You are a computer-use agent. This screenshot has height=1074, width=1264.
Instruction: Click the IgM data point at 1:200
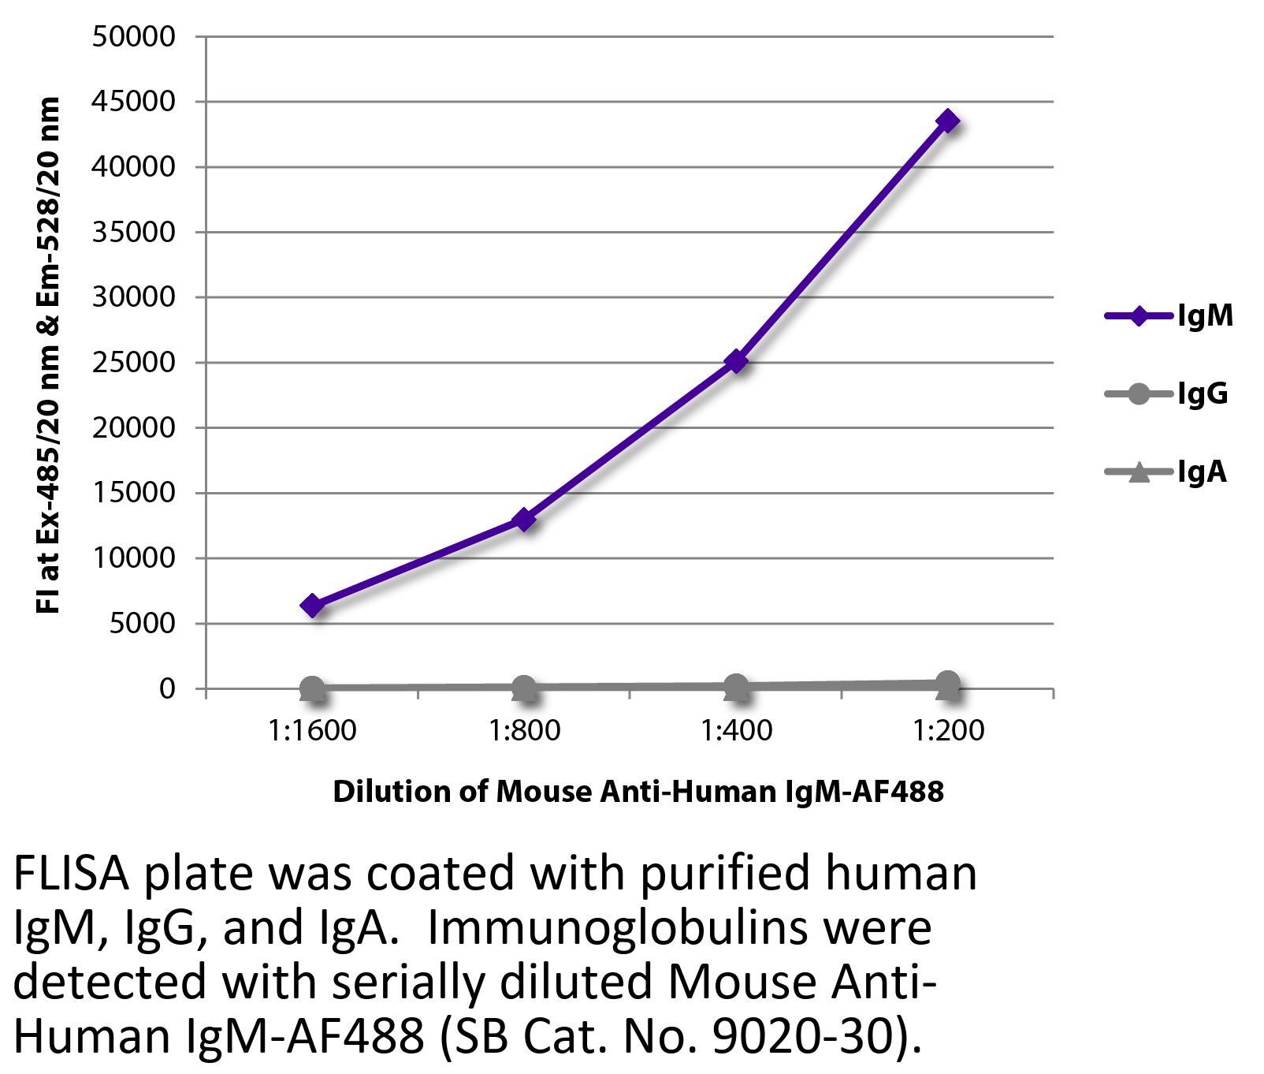pos(947,121)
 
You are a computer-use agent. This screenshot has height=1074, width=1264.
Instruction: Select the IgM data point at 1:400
pos(736,362)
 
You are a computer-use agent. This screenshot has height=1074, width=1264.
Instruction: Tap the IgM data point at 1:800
pos(524,520)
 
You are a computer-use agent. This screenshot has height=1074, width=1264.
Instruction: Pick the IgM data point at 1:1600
pos(312,606)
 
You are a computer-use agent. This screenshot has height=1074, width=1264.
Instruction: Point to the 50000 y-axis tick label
pos(133,37)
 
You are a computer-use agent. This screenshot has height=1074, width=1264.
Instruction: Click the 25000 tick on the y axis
pos(133,363)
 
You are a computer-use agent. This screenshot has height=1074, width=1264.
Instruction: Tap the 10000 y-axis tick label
pos(133,558)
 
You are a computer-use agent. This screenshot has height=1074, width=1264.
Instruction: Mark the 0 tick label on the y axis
pos(166,688)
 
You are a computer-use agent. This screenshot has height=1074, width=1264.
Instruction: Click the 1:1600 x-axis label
pos(312,731)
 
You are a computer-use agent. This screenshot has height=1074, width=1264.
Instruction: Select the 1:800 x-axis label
pos(524,731)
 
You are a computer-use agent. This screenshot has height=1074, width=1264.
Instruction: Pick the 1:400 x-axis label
pos(736,731)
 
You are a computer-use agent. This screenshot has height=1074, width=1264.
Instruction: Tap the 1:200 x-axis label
pos(947,731)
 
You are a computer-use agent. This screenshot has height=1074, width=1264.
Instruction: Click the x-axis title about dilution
pos(638,791)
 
